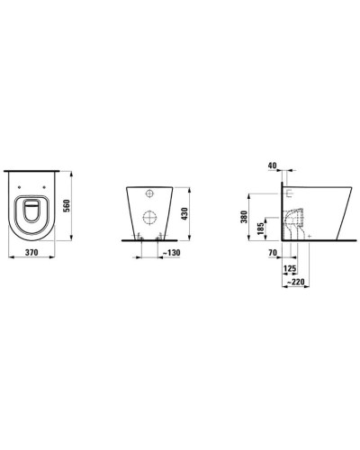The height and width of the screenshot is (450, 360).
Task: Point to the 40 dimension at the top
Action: pyautogui.click(x=273, y=166)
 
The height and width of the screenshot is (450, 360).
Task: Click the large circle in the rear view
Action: pyautogui.click(x=148, y=217)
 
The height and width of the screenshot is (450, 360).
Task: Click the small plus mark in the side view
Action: pyautogui.click(x=309, y=236)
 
